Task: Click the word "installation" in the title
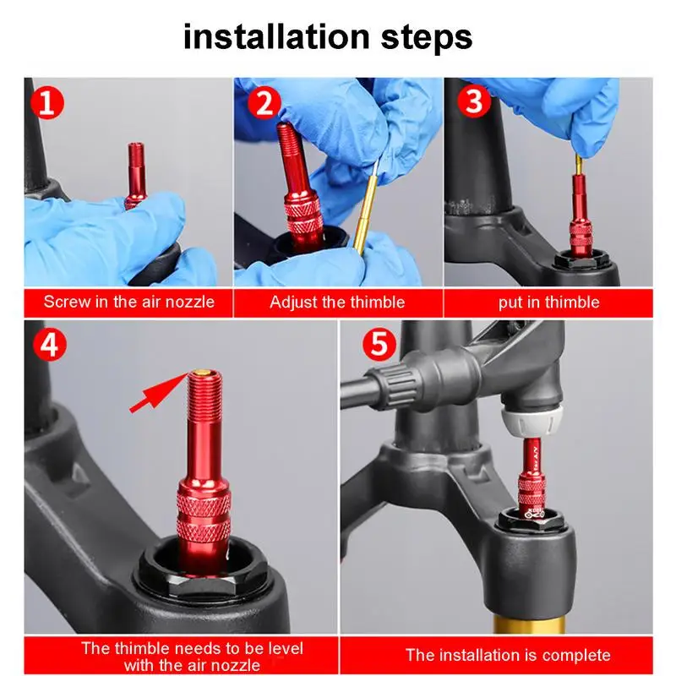pos(276,36)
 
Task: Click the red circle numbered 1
pos(47,103)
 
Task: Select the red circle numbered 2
pos(264,103)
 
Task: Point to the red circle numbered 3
pos(474,101)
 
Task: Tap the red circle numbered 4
pos(50,345)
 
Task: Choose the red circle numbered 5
pos(379,344)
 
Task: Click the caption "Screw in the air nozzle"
pos(129,302)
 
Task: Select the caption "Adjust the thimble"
pos(337,303)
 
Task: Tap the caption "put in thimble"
pos(548,303)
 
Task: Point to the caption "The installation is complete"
pos(509,656)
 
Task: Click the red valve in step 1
pos(136,176)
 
